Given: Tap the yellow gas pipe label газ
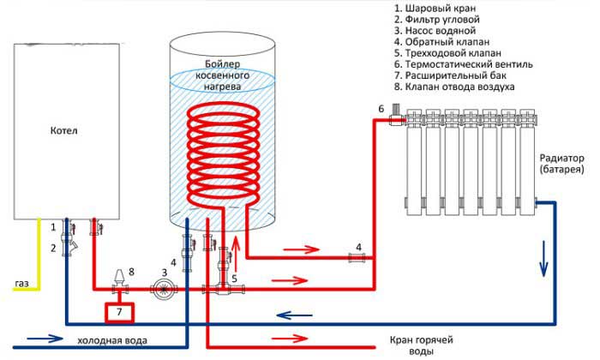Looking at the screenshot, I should [23, 282].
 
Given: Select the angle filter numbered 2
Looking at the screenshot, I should [68, 249].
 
